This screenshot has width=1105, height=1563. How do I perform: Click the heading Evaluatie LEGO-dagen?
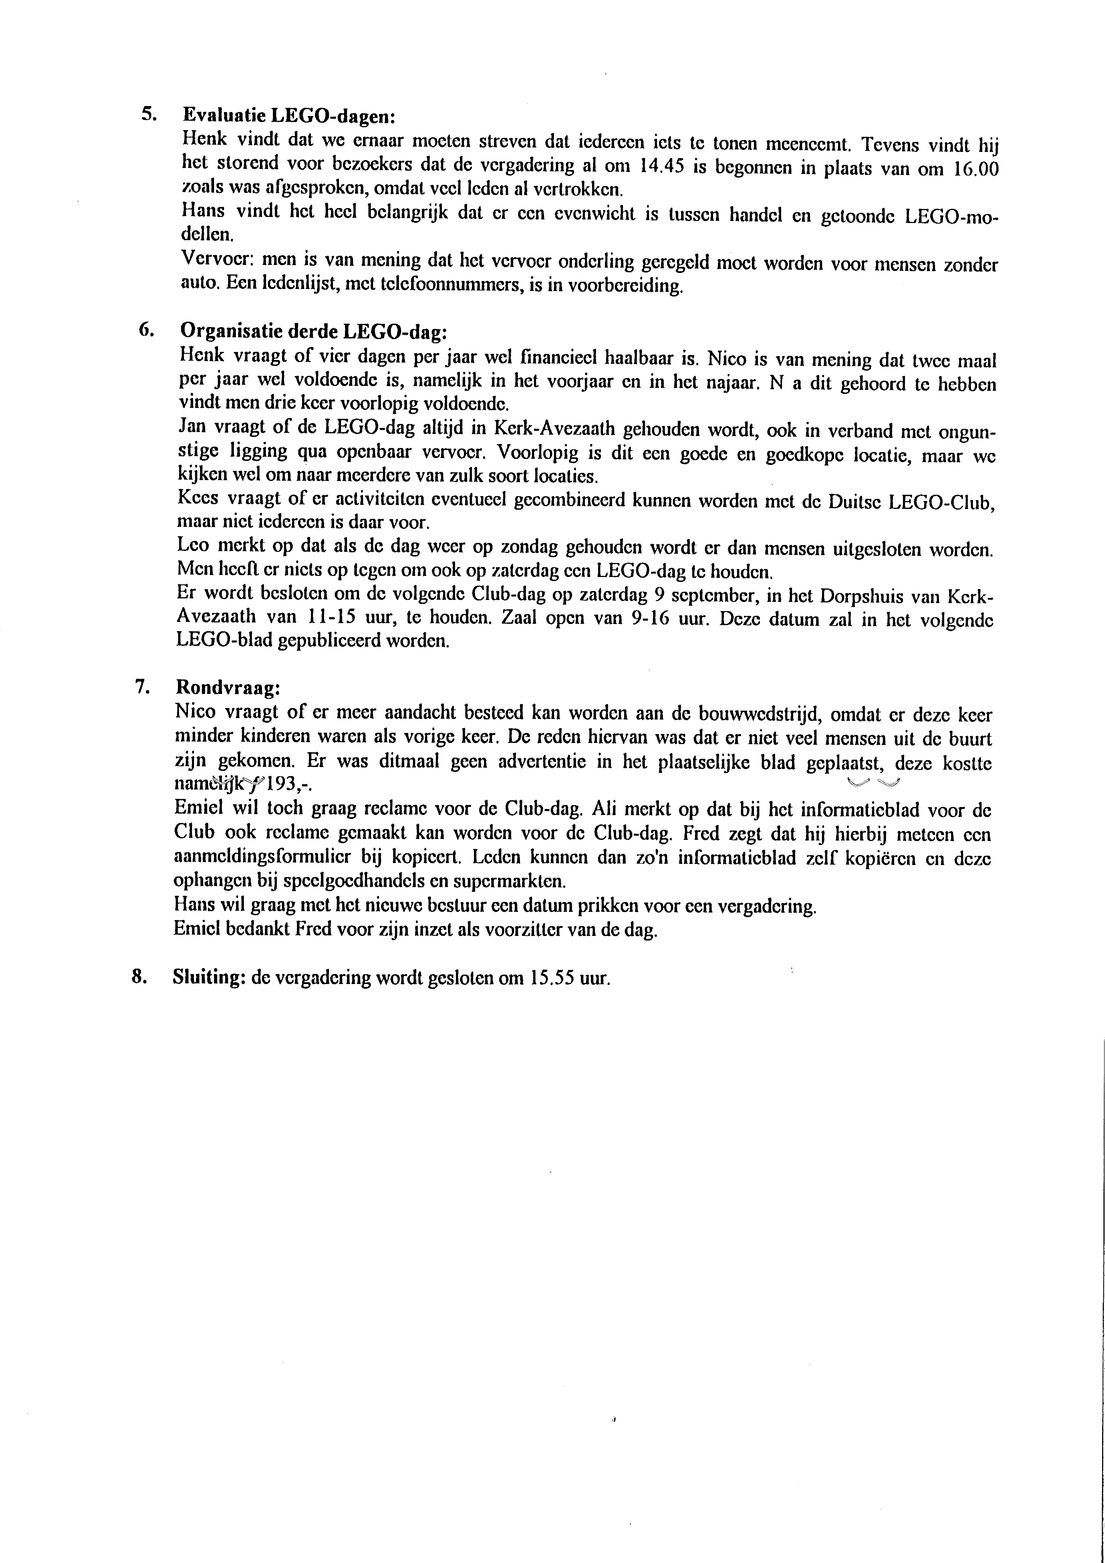(289, 116)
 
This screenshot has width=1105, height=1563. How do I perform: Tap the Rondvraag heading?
(227, 687)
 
